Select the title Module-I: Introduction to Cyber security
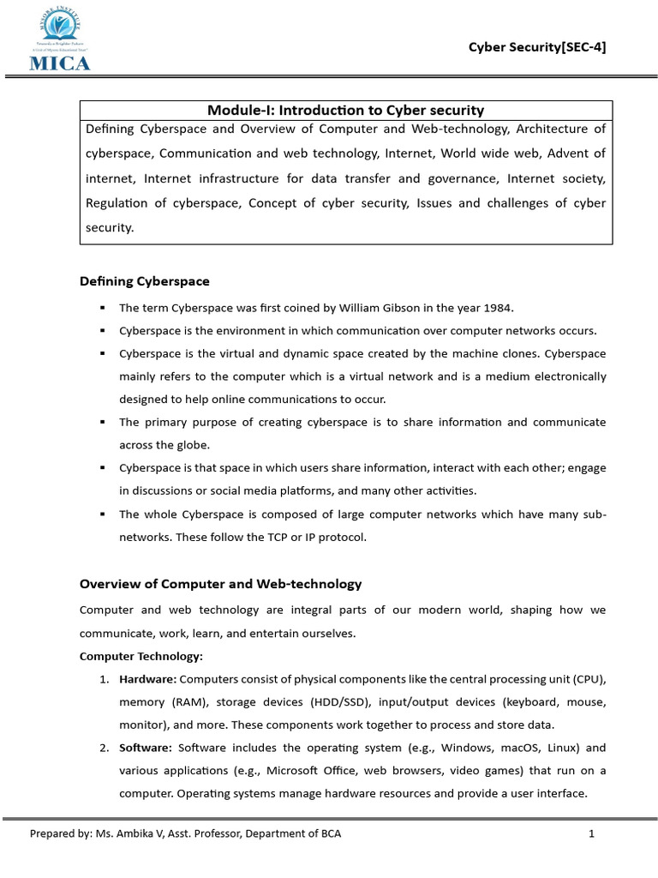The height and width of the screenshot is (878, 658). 345,110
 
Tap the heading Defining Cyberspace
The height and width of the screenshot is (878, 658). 144,280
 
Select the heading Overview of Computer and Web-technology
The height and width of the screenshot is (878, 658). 220,584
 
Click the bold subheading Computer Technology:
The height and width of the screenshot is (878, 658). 141,656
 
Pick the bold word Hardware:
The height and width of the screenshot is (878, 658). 147,679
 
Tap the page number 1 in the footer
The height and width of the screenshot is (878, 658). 591,833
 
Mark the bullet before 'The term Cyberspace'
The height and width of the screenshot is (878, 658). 103,308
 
